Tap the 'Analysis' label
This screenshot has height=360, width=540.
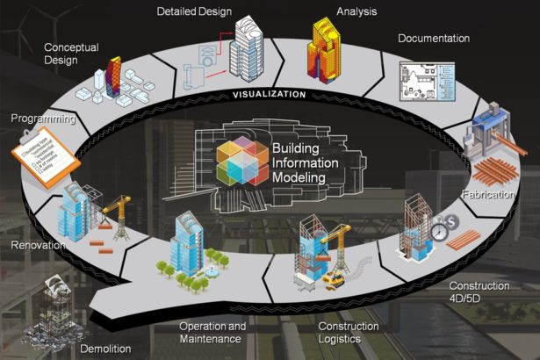coord(356,12)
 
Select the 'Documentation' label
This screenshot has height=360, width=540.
coord(433,39)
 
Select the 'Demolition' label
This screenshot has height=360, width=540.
coord(104,349)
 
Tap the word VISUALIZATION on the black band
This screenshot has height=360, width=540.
coord(269,94)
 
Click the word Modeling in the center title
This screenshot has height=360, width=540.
coord(299,178)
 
